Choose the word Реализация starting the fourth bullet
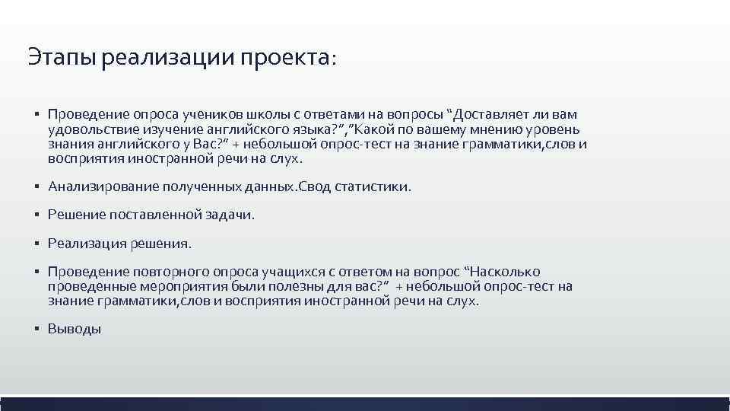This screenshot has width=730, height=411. (81, 244)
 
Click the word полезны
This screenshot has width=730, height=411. (271, 286)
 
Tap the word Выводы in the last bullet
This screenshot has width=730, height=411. (75, 330)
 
